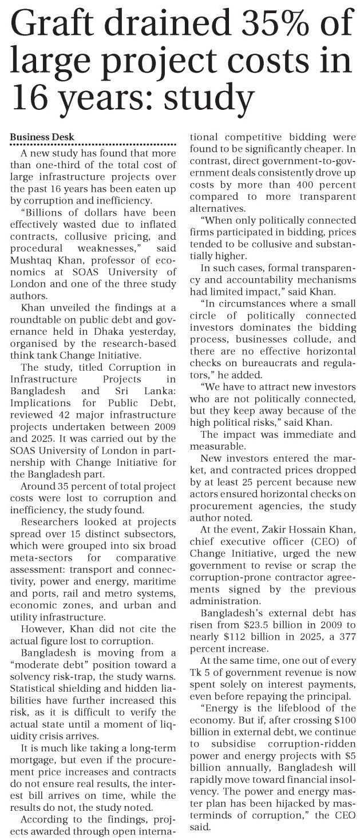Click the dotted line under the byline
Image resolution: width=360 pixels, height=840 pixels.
[94, 145]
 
